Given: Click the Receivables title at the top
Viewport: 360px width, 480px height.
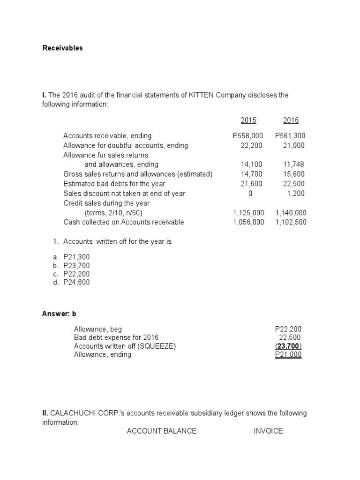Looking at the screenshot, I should [x=62, y=48].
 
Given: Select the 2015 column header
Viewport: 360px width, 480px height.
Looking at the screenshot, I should [x=248, y=120].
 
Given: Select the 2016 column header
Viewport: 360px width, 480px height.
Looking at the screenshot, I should [x=291, y=120].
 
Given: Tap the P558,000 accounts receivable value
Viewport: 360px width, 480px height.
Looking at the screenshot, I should [x=247, y=136].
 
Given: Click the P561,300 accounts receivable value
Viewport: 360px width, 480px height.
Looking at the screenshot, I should [x=290, y=136].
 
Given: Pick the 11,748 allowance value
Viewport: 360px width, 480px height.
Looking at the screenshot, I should [x=294, y=165].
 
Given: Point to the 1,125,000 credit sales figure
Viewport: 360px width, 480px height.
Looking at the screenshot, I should [x=248, y=213].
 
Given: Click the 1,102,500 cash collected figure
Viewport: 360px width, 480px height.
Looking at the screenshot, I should [x=291, y=222].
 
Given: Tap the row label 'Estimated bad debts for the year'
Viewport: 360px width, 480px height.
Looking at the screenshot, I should [x=114, y=184].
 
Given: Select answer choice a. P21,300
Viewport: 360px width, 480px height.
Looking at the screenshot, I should [x=76, y=257].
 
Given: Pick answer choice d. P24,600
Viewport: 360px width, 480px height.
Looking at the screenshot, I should [x=76, y=282].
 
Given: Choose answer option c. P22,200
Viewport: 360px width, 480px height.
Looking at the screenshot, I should [x=76, y=274].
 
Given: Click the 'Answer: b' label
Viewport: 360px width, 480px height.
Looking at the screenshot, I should [x=59, y=314].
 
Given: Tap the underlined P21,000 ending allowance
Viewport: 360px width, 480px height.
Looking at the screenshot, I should [x=288, y=355].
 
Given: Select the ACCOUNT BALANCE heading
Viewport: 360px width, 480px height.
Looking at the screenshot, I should [x=162, y=431].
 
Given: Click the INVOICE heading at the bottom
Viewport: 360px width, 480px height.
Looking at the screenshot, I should [x=268, y=431].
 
